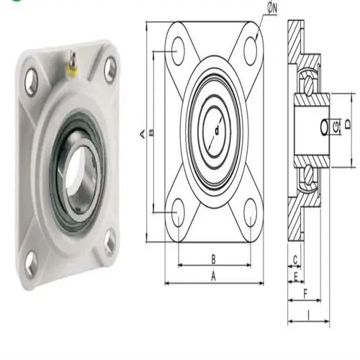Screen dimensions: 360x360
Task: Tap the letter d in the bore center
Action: coord(216,130)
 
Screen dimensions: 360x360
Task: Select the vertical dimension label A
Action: coord(143,132)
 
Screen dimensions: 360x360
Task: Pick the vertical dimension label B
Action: coord(152,132)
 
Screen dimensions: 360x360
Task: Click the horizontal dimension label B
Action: coord(214,258)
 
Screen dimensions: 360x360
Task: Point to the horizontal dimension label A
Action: coord(214,276)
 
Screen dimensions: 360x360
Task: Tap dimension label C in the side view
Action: coord(295,258)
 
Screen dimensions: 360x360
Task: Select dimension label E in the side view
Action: coord(295,276)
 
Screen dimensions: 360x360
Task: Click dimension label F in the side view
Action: coord(306,294)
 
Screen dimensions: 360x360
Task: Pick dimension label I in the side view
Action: coord(308,313)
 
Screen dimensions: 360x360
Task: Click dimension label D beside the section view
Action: coord(348,125)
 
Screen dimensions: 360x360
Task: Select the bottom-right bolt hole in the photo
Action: coord(109,241)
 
